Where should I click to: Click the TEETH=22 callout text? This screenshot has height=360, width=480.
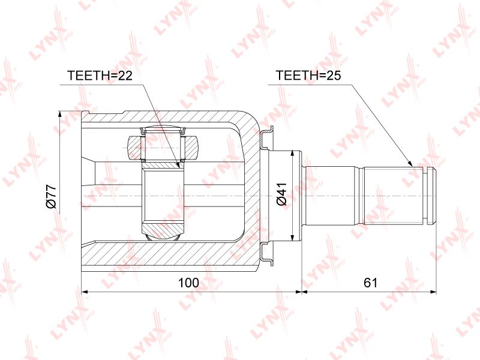tap(100, 76)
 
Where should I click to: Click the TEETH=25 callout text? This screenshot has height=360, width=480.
tap(308, 76)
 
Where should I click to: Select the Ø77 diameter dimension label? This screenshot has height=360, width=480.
tap(51, 196)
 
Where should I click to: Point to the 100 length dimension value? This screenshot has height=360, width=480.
tap(188, 283)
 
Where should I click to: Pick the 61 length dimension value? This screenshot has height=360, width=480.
tap(370, 283)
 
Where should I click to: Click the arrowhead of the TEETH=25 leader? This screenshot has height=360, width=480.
tap(410, 163)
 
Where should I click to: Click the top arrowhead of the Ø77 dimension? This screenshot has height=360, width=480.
tap(60, 115)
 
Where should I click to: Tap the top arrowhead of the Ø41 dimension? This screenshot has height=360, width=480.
tap(293, 154)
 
